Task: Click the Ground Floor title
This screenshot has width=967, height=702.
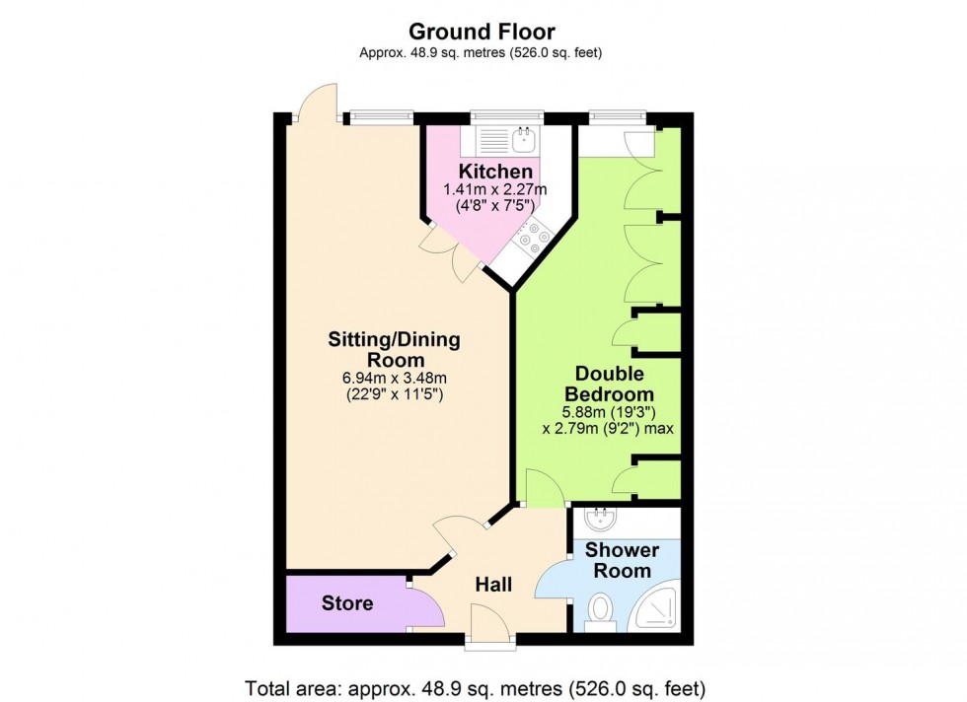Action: [482, 33]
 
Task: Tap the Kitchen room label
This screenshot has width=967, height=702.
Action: [493, 172]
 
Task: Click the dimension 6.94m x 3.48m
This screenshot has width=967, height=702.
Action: [394, 378]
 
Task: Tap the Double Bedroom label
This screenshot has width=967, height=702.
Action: [610, 384]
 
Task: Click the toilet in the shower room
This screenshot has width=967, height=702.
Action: [599, 611]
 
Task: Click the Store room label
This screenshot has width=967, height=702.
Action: [347, 602]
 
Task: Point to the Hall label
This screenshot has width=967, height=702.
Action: [493, 585]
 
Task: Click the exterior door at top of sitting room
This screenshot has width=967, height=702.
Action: [318, 103]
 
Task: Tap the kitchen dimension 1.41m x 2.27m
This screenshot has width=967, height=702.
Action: [493, 189]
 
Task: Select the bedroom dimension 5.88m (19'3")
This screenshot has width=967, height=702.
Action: [610, 411]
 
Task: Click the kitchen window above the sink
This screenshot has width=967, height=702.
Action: [507, 116]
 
